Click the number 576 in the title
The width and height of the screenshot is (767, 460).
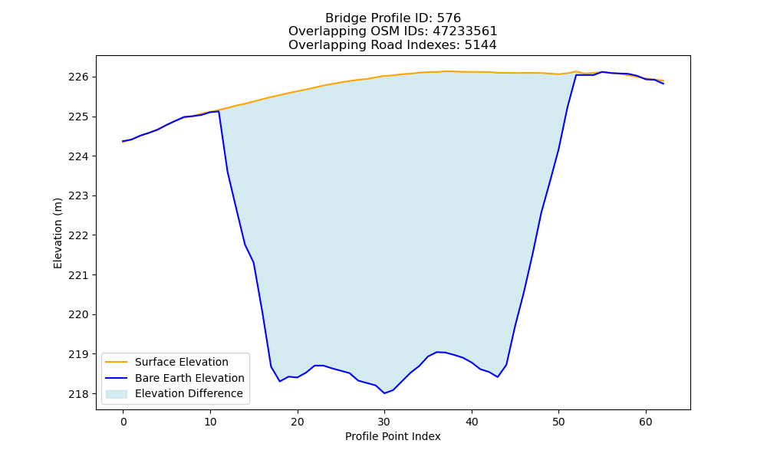[449, 18]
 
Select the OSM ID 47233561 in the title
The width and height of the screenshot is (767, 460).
[465, 31]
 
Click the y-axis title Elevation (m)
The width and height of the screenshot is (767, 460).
[58, 233]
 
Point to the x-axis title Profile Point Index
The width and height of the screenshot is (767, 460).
[393, 436]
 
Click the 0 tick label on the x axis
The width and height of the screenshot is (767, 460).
[123, 422]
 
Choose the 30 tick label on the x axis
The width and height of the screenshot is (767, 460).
[384, 422]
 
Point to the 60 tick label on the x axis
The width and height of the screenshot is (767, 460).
[646, 422]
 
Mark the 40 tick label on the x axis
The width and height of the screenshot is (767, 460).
[472, 422]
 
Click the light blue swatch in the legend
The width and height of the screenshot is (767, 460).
[117, 394]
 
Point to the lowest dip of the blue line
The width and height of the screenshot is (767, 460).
[384, 393]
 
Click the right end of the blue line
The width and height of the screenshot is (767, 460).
[663, 84]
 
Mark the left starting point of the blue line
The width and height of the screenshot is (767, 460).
[123, 141]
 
